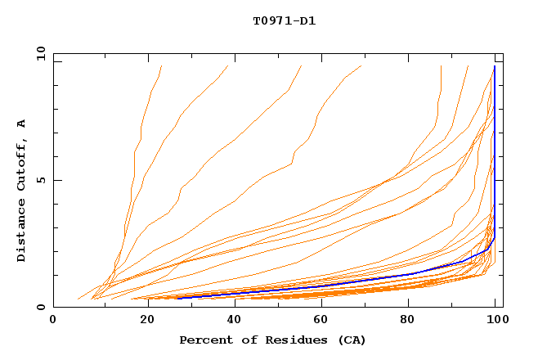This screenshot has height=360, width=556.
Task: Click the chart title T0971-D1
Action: pos(284,20)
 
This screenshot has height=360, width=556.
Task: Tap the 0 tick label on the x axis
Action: pos(53,320)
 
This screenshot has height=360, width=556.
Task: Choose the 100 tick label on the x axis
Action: pos(495,320)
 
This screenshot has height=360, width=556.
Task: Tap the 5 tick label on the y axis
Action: pos(43,180)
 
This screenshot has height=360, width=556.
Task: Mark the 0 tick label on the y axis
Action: pos(43,308)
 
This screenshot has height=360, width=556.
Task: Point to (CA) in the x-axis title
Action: pos(350,340)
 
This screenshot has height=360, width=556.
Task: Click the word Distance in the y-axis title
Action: pos(22,232)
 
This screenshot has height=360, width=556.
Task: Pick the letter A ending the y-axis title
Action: pos(22,124)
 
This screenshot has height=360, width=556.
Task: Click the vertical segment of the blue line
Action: pos(494,147)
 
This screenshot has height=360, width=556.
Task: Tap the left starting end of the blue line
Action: pos(178,298)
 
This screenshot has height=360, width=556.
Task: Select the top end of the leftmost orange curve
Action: pos(162,66)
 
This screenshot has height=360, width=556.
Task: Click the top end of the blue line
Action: pos(494,66)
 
